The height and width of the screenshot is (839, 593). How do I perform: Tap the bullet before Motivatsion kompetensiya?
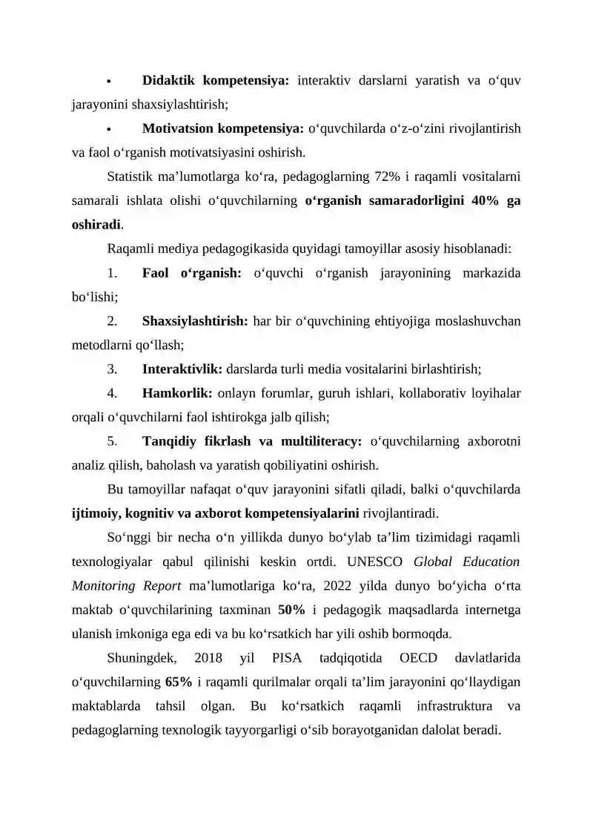coord(108,129)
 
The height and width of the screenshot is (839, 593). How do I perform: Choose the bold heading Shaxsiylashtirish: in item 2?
coord(195,321)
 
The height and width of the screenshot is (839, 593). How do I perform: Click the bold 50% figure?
coord(291,611)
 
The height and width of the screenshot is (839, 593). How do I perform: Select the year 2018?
coord(210,658)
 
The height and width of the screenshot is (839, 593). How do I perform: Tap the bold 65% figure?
coord(179,682)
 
